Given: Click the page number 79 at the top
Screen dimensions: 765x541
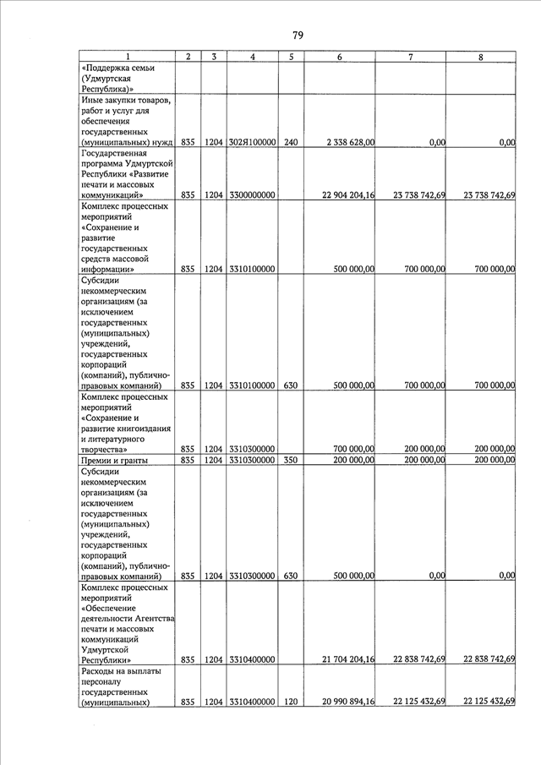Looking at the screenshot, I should (x=298, y=35).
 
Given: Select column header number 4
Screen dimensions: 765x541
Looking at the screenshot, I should (x=253, y=57).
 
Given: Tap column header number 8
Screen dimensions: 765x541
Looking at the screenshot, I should (x=480, y=57).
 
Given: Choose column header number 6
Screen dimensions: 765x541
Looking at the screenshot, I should (x=339, y=57).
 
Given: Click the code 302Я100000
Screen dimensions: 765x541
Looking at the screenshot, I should (x=253, y=143).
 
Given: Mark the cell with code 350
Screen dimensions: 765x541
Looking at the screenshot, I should (x=291, y=461).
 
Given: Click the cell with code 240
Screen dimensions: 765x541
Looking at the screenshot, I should (x=291, y=143).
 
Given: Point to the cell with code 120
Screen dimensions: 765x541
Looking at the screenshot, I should (x=291, y=702).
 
